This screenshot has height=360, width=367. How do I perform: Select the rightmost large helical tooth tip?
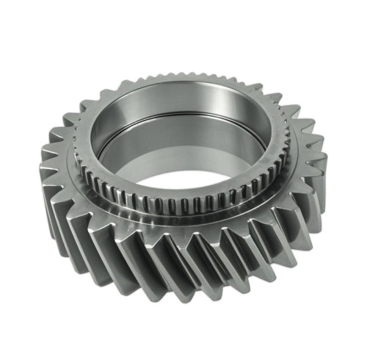click(x=324, y=147)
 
